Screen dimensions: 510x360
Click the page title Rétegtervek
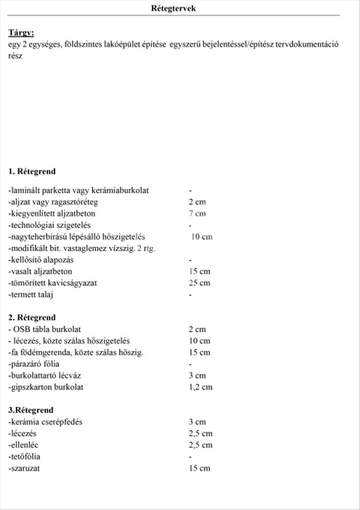click(173, 8)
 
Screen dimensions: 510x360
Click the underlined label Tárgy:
click(21, 33)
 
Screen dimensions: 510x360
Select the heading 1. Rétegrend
click(32, 171)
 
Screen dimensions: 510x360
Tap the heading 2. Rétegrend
click(32, 317)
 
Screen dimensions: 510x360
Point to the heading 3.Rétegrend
click(31, 410)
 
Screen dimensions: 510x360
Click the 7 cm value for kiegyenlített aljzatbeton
click(197, 214)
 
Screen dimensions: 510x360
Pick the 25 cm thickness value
click(199, 283)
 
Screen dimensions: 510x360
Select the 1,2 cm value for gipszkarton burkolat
click(200, 387)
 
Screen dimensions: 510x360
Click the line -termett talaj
click(31, 295)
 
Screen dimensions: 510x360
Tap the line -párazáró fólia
click(34, 364)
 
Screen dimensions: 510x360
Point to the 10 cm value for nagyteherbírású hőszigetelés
click(202, 237)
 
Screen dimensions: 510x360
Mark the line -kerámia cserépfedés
click(46, 422)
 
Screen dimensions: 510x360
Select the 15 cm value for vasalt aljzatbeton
click(199, 271)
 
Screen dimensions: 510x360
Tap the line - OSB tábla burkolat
click(45, 329)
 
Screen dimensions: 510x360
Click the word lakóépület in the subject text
click(124, 44)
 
